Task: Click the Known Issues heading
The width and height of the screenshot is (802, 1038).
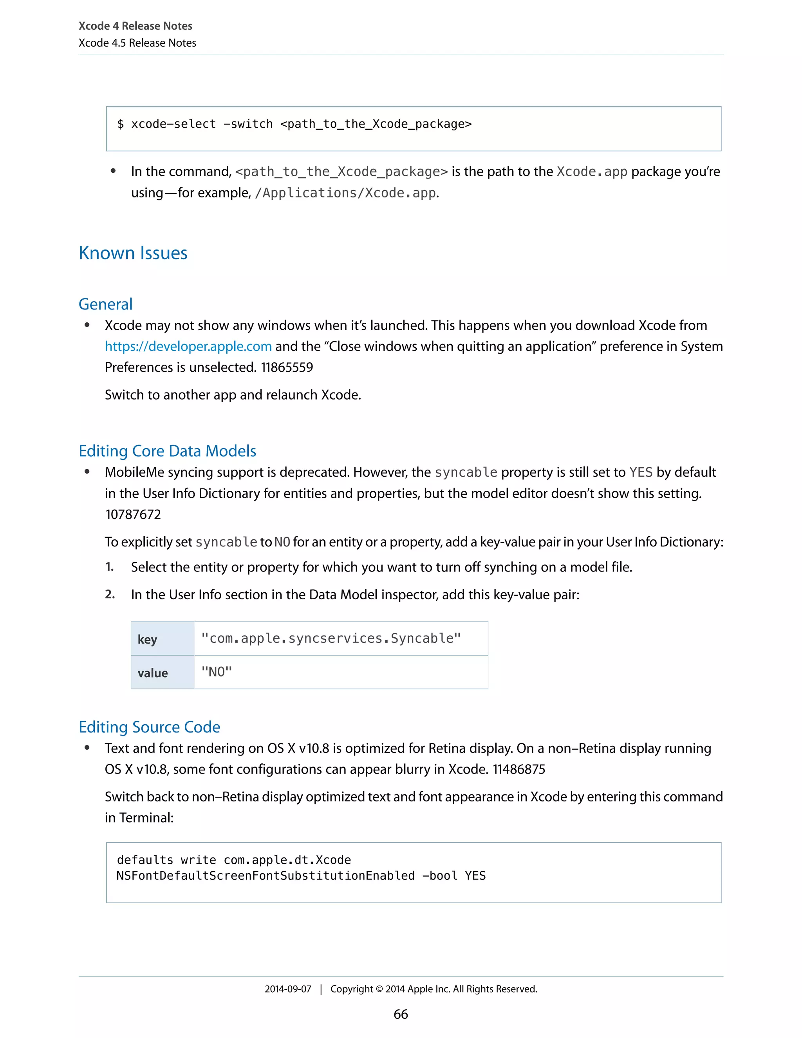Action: click(133, 253)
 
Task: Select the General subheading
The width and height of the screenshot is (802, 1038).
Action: click(105, 304)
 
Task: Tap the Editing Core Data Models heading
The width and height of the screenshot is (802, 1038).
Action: click(167, 451)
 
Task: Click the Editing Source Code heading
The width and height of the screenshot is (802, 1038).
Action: click(149, 727)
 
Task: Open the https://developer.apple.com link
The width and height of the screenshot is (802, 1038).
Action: click(188, 347)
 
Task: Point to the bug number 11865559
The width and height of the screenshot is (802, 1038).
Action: click(287, 367)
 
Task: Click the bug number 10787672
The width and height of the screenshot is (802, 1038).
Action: click(133, 514)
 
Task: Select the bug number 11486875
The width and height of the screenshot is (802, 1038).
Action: click(518, 769)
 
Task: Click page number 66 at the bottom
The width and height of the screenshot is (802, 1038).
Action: click(401, 1014)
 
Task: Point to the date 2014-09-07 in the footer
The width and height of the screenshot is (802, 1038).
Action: click(287, 989)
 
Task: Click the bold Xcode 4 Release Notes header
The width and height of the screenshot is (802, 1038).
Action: click(135, 26)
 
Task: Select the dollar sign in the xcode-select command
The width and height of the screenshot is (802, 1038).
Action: click(121, 124)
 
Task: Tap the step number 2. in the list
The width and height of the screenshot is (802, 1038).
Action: click(110, 595)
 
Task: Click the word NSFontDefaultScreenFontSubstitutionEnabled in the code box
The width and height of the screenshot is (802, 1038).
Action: click(265, 876)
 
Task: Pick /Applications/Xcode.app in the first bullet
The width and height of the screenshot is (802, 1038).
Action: click(345, 193)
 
